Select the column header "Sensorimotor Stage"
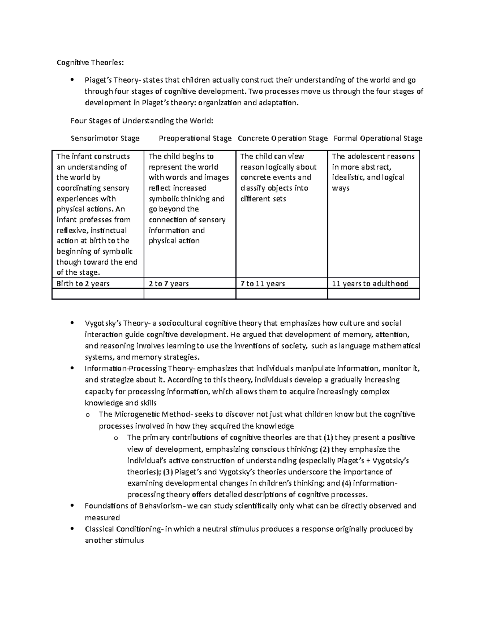click(x=105, y=139)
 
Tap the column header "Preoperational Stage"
click(x=195, y=139)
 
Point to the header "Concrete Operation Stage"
click(x=283, y=139)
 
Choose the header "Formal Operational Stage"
click(x=378, y=139)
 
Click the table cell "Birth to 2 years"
click(x=83, y=284)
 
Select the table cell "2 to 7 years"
click(x=169, y=284)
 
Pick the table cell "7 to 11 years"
click(x=263, y=284)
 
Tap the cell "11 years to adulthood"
click(x=370, y=284)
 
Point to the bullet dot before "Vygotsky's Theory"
click(x=72, y=323)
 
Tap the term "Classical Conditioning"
click(x=123, y=529)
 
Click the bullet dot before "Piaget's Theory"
click(x=72, y=80)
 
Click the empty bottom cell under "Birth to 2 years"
click(x=98, y=294)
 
